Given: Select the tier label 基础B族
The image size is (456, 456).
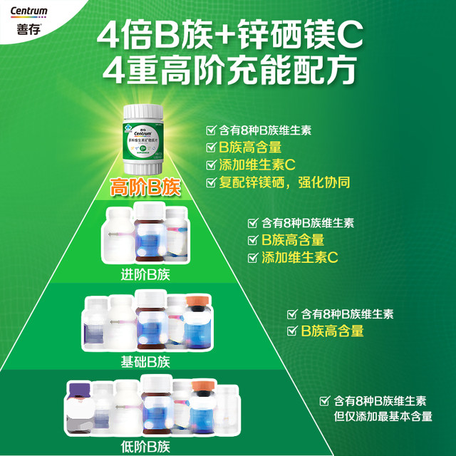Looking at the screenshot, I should (x=145, y=361).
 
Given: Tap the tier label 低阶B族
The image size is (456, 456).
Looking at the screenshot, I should (x=145, y=447).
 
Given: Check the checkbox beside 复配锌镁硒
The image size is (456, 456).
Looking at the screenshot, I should (x=210, y=182).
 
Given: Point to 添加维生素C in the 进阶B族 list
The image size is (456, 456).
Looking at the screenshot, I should (x=300, y=257).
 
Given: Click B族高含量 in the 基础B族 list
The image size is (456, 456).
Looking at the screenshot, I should (x=332, y=331).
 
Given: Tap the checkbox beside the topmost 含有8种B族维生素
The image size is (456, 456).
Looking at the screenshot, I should (x=210, y=130).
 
